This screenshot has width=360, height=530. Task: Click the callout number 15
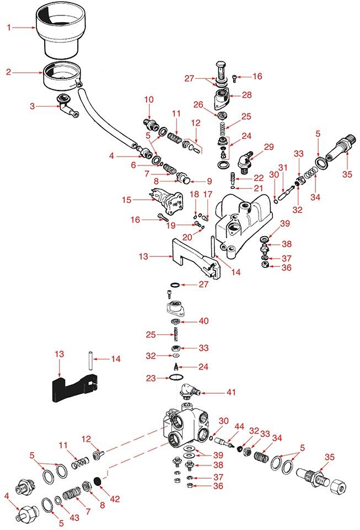pos(126,199)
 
